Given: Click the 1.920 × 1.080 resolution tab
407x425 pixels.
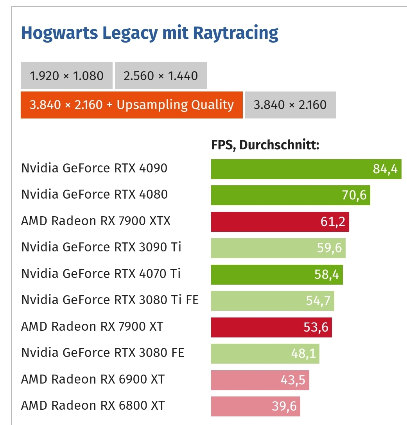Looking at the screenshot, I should click(66, 75).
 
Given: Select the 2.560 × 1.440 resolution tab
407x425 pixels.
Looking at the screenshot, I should click(161, 75).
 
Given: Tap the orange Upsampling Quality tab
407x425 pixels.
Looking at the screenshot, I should click(131, 105).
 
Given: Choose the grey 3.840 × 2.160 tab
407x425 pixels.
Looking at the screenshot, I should click(290, 105).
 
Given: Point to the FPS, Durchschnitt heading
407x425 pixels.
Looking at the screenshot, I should click(265, 145).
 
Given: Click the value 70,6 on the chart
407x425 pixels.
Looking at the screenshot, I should click(354, 195).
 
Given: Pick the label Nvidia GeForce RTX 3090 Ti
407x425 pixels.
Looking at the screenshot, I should click(101, 247).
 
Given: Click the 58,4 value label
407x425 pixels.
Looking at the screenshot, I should click(326, 274).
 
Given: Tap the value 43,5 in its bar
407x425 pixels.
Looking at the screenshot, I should click(293, 380).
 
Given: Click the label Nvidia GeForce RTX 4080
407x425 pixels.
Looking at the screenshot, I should click(94, 195).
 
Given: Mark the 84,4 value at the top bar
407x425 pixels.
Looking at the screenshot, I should click(385, 169).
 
